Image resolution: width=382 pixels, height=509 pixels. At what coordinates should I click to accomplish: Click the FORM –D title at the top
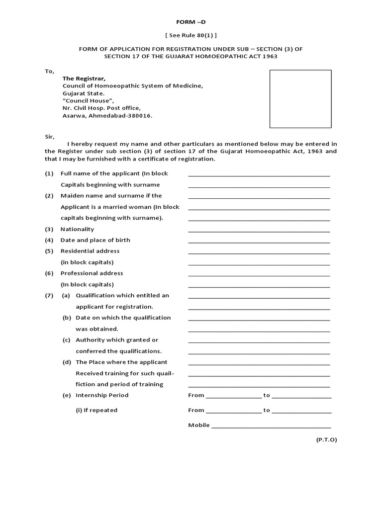tap(191, 22)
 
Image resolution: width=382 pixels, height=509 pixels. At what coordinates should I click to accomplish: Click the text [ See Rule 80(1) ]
tap(191, 35)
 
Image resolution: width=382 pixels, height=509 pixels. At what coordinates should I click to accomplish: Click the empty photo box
tap(300, 99)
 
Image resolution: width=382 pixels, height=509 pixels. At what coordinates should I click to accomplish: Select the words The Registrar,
tap(84, 79)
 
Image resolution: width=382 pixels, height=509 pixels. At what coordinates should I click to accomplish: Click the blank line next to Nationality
tap(259, 231)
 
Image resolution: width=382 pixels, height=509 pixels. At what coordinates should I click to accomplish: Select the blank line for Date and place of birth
tap(259, 242)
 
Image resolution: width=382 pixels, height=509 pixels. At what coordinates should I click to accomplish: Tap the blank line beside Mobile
tap(271, 426)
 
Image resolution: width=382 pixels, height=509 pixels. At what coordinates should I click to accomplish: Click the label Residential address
tap(90, 251)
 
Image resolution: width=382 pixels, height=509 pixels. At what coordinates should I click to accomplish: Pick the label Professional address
tap(92, 273)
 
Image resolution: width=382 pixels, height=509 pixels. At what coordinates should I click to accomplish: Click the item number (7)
tap(49, 295)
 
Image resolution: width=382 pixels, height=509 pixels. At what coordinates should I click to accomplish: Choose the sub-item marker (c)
tap(66, 340)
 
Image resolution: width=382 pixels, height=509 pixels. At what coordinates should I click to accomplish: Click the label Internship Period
tap(102, 395)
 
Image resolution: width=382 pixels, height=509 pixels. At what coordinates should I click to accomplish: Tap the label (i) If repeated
tap(96, 410)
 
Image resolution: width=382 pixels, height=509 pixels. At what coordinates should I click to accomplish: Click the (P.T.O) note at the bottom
tap(326, 440)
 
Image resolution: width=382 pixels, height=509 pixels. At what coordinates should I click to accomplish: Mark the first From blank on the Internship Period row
tap(233, 397)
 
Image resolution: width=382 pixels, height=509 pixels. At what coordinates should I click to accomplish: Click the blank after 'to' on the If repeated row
tap(301, 412)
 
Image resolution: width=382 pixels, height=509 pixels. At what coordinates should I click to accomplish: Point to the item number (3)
tap(49, 229)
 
